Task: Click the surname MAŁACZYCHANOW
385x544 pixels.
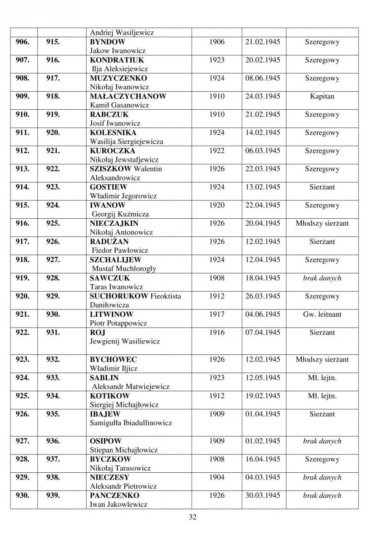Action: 128,96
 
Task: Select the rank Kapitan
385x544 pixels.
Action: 322,97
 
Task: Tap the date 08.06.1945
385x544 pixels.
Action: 262,78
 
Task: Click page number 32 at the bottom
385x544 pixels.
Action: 192,516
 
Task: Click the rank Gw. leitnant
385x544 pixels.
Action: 322,314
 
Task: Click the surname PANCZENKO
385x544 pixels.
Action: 114,495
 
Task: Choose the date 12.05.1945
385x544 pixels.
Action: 262,377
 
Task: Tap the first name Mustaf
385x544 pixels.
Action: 104,269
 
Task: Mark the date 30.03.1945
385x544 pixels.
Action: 262,495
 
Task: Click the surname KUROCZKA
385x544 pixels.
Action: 112,151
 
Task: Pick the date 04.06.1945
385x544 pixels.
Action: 262,314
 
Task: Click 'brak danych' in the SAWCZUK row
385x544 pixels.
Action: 322,278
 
